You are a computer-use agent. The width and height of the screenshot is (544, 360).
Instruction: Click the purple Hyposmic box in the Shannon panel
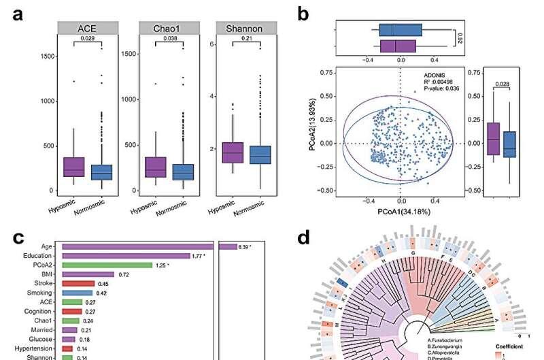tap(233, 152)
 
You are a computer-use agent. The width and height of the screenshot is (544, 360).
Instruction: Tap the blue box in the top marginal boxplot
tap(401, 30)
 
